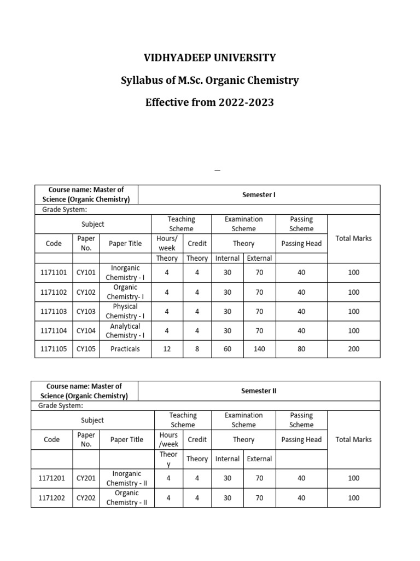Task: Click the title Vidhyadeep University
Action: pos(209,58)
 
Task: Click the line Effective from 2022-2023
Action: pos(209,102)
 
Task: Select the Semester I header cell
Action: pos(259,194)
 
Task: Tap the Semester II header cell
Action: pos(259,391)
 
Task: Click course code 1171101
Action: pos(54,273)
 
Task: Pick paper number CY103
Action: pos(86,311)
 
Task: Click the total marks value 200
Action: pos(353,349)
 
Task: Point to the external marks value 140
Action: pos(259,349)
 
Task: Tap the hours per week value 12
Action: pos(167,349)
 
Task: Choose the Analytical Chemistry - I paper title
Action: pos(125,330)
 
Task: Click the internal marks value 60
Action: pos(227,349)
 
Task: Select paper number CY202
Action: pos(86,498)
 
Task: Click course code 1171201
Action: pos(52,478)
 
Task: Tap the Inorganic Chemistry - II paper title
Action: pos(126,478)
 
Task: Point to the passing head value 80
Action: pos(301,349)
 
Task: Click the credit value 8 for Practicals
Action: pos(197,349)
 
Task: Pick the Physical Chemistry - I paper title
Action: pos(125,311)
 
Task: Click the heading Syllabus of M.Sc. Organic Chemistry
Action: pos(209,81)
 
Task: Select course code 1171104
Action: pos(54,330)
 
